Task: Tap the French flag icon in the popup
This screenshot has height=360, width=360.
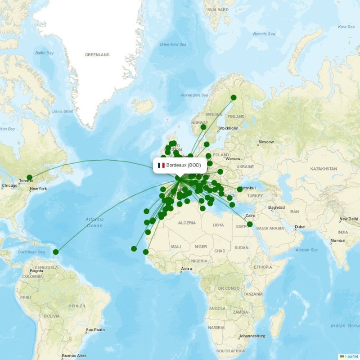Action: click(x=161, y=165)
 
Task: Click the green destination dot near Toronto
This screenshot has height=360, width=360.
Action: click(x=30, y=177)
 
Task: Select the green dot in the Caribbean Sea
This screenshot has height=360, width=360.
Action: click(x=56, y=252)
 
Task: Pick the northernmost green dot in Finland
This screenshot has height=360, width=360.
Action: click(x=234, y=98)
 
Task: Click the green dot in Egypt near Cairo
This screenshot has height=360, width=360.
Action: click(x=250, y=225)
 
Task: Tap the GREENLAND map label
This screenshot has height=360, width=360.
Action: click(x=97, y=55)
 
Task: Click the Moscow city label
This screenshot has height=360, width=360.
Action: click(x=266, y=142)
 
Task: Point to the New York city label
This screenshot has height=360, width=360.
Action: click(x=38, y=189)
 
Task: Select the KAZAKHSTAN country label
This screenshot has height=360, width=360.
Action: click(x=323, y=169)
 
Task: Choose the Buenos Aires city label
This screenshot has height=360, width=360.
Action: click(x=74, y=355)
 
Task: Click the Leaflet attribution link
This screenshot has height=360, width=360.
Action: click(x=352, y=356)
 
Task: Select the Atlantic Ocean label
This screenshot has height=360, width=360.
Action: click(x=94, y=222)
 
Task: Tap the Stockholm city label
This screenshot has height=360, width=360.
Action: click(x=228, y=128)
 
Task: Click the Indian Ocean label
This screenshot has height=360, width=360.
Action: click(x=344, y=325)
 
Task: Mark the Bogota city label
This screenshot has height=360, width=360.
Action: click(x=36, y=271)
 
